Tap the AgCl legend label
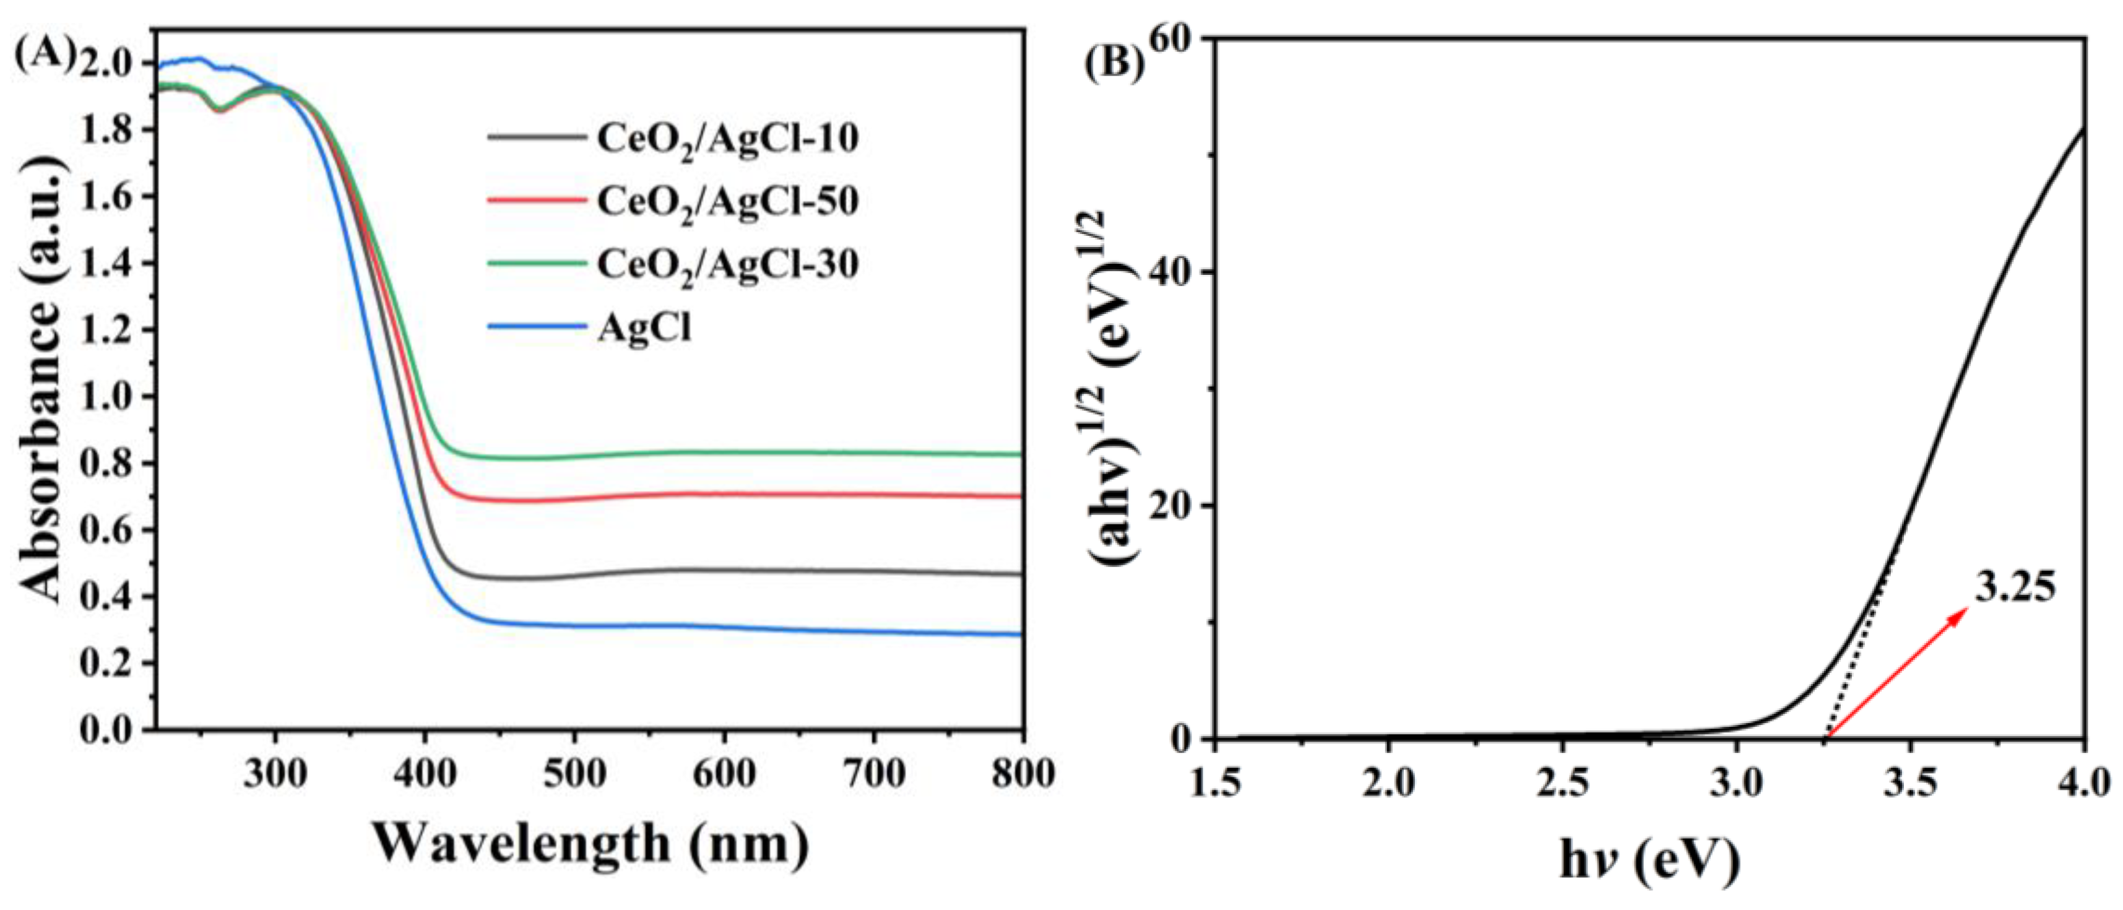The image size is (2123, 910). pyautogui.click(x=644, y=327)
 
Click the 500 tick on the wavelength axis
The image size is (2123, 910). pyautogui.click(x=574, y=774)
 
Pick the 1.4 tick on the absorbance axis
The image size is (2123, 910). pyautogui.click(x=113, y=263)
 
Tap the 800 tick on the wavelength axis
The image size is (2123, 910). pyautogui.click(x=1022, y=774)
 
